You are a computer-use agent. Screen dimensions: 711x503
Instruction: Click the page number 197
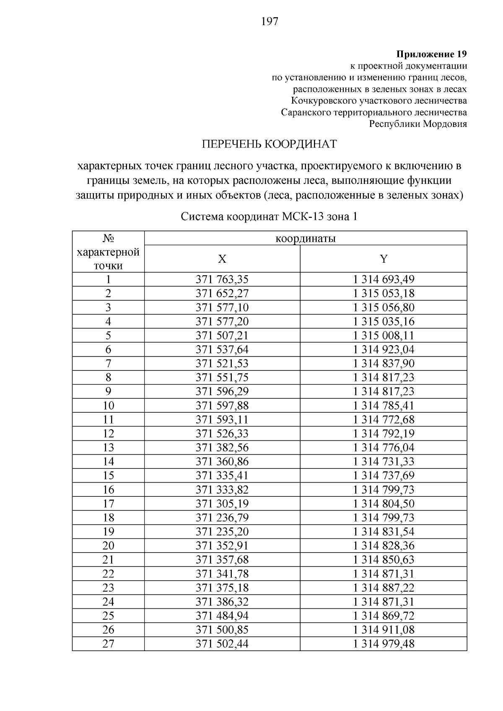coord(270,22)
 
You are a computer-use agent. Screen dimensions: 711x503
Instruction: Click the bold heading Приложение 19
coord(431,54)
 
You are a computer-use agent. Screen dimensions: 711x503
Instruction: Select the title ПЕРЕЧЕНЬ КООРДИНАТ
coord(270,144)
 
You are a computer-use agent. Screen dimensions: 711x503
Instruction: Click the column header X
coord(222,259)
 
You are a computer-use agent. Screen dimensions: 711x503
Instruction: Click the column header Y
coord(384,259)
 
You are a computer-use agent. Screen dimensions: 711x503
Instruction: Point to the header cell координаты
coord(306,239)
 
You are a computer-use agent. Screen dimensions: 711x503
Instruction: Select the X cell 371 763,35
coord(222,279)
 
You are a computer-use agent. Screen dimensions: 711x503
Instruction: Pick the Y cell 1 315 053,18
coord(384,293)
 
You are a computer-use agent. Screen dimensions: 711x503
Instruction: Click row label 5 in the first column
coord(108,336)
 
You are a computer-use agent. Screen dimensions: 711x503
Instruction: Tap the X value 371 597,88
coord(222,406)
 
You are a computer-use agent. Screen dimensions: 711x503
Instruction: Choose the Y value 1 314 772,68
coord(384,419)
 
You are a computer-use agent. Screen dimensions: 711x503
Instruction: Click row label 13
coord(108,447)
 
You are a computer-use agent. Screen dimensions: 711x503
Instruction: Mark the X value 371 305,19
coord(222,504)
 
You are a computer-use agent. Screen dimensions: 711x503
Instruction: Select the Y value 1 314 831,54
coord(384,532)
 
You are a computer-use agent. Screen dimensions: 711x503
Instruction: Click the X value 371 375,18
coord(222,588)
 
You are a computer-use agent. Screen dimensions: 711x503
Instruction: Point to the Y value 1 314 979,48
coord(384,644)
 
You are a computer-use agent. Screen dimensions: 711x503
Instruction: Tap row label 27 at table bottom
coord(108,644)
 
